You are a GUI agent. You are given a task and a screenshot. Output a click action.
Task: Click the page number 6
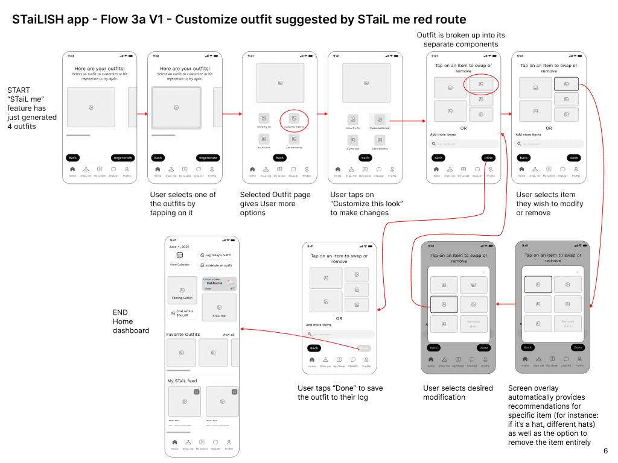click(x=605, y=451)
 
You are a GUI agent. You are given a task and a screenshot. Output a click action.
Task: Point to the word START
click(x=19, y=90)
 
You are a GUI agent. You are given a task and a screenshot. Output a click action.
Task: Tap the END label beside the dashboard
click(x=120, y=312)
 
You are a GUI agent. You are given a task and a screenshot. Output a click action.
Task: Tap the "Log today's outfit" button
click(x=215, y=255)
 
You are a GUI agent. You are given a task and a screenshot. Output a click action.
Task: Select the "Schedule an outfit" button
click(x=215, y=265)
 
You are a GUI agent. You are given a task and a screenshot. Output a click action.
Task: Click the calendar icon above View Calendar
click(x=179, y=255)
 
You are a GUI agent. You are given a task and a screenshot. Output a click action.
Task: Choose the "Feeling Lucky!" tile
click(x=182, y=290)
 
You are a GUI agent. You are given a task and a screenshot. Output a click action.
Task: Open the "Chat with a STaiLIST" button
click(x=182, y=313)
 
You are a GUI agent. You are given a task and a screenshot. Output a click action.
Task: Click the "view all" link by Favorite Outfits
click(x=228, y=335)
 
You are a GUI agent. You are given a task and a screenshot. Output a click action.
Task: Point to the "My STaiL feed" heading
click(x=182, y=381)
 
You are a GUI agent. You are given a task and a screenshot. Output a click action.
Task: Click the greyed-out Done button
click(x=364, y=348)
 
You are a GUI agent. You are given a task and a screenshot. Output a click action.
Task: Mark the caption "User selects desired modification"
click(x=458, y=392)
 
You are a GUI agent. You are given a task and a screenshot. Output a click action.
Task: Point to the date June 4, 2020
click(x=179, y=247)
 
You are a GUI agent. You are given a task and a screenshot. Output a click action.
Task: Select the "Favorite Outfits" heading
click(x=183, y=335)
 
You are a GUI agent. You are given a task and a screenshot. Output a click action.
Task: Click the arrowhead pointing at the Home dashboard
click(x=242, y=329)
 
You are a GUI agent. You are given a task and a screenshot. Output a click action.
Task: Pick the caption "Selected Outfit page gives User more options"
click(x=275, y=204)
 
